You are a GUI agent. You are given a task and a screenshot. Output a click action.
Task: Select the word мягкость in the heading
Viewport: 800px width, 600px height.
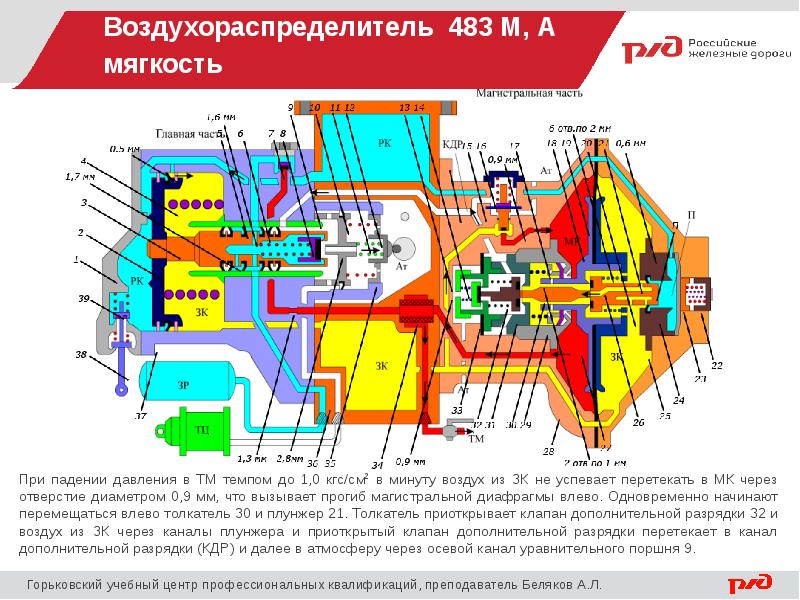coord(161,66)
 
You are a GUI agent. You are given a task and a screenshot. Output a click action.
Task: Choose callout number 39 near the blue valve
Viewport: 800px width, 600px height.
coord(84,299)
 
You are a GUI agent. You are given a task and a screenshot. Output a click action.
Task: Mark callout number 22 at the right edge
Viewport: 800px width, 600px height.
coord(717,363)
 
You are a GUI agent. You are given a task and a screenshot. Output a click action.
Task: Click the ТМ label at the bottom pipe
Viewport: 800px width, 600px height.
coord(476,438)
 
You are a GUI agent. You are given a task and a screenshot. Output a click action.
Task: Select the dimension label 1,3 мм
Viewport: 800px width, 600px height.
coord(252,460)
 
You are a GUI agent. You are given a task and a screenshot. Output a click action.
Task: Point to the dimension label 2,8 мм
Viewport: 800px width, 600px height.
coord(290,460)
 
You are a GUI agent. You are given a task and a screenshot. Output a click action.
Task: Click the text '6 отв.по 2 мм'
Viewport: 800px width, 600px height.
coord(579,129)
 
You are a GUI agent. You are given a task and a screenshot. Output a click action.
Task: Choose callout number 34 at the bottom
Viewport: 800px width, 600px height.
coord(377,464)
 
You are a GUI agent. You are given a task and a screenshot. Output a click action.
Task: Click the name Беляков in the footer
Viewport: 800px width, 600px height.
coord(554,583)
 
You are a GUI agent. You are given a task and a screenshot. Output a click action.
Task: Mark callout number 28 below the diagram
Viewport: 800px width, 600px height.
coord(549,451)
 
